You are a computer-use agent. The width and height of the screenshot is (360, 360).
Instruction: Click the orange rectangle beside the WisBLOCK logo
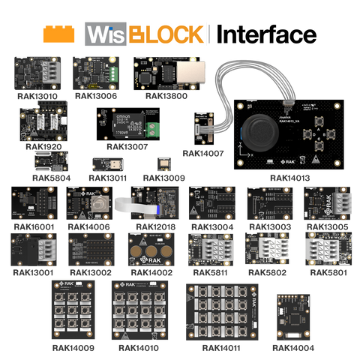point(59,34)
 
